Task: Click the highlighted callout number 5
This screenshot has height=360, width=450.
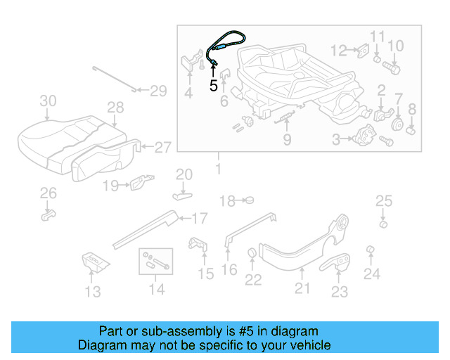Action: (214, 86)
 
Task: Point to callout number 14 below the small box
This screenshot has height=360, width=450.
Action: (156, 289)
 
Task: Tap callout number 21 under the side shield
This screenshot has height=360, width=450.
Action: (302, 287)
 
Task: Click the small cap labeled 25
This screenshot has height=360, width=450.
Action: (383, 224)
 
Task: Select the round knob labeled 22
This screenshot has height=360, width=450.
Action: (251, 254)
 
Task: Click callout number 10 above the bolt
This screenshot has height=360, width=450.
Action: (396, 46)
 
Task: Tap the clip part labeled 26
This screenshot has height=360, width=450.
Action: (48, 212)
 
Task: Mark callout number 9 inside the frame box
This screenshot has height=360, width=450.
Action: (287, 140)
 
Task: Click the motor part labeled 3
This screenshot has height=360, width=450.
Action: (366, 135)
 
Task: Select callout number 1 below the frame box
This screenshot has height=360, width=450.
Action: (218, 169)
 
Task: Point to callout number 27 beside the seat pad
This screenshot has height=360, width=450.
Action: (162, 147)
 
